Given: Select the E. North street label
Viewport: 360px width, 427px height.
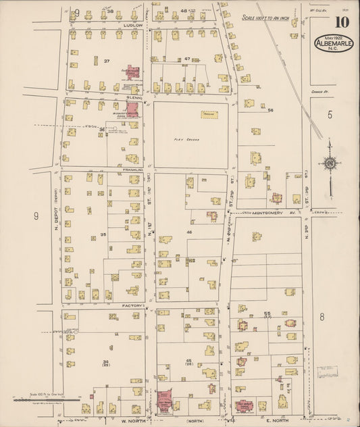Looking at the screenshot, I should [x=277, y=419].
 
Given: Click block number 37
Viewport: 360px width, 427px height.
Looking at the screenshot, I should [x=107, y=61].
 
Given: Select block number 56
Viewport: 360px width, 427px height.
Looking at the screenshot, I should [x=270, y=109].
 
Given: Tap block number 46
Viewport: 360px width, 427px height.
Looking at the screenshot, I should [x=189, y=232].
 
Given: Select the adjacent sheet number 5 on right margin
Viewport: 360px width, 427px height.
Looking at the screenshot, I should [x=330, y=114].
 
